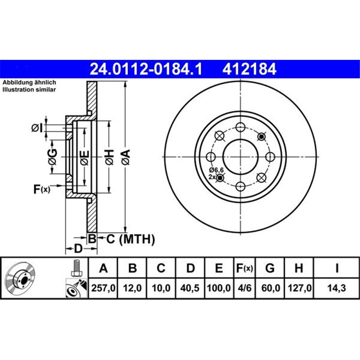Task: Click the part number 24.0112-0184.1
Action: pos(147,69)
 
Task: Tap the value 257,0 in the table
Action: pos(103,287)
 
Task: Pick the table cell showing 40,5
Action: pos(191,287)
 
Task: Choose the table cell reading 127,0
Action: pos(298,287)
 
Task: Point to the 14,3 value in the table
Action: pos(336,287)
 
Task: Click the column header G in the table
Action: pos(270,268)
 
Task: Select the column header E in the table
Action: pos(219,268)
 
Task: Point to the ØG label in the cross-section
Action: pos(53,156)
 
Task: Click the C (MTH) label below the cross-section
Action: pos(130,239)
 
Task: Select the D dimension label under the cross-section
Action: pos(77,248)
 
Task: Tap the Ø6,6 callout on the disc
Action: pos(216,170)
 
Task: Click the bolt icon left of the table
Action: pos(76,269)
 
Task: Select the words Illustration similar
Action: pos(30,90)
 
